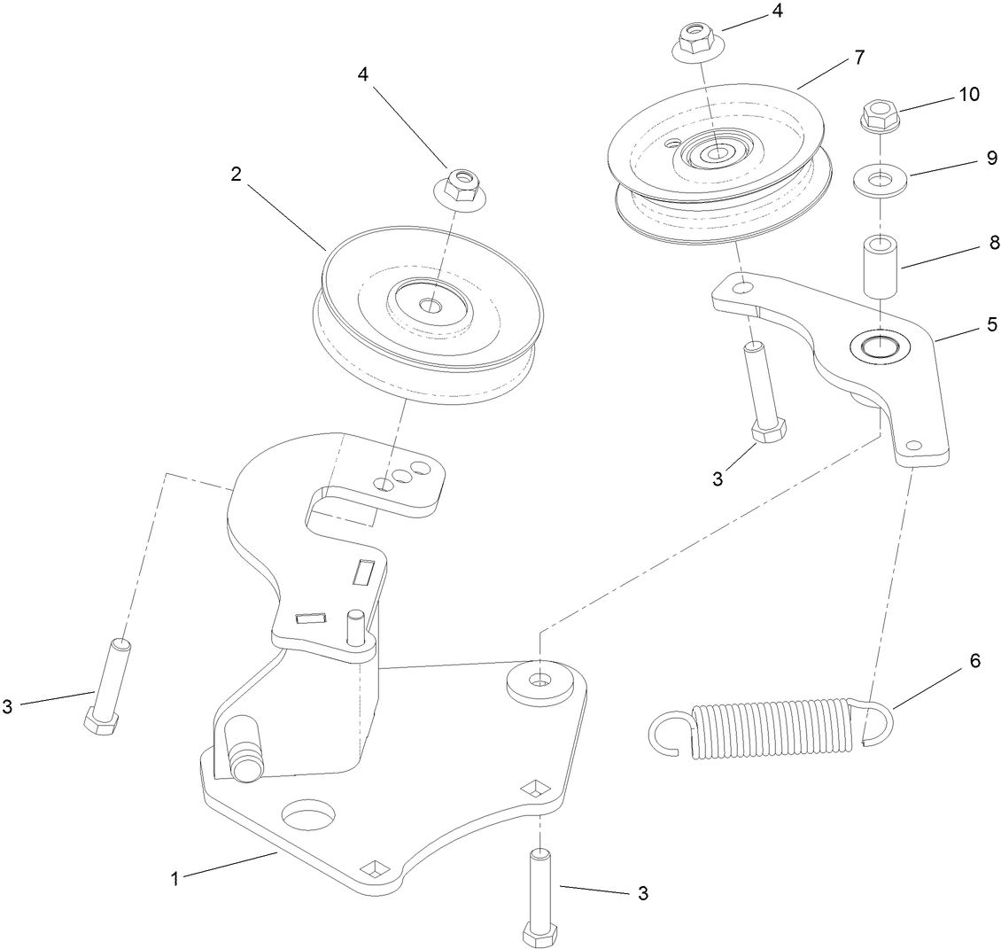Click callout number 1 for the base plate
pos(175,879)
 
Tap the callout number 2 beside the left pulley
pos(237,175)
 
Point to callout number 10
pos(970,95)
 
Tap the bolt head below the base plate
pos(539,936)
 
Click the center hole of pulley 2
pos(431,306)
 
